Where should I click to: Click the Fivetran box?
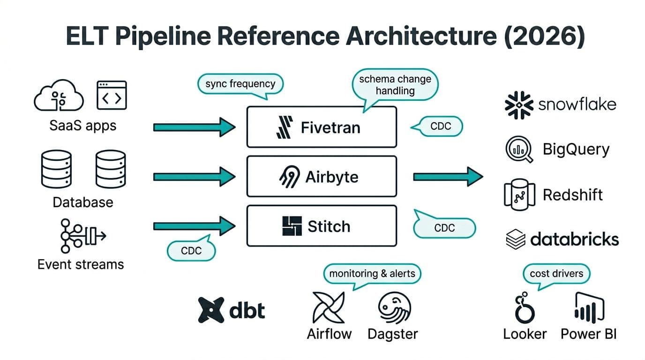point(322,127)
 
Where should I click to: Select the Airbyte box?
point(322,177)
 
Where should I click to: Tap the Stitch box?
point(322,226)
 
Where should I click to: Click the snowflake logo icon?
point(518,105)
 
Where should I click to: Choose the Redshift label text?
point(572,195)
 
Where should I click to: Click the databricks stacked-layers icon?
point(516,239)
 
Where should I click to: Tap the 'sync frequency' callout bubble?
point(240,84)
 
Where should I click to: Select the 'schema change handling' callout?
point(395,85)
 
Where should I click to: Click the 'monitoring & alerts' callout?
point(372,273)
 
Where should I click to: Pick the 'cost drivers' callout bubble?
point(556,273)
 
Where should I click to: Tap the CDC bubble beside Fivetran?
point(440,127)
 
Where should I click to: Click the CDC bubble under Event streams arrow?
point(191,251)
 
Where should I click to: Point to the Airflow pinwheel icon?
point(329,307)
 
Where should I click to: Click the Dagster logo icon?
point(394,307)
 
